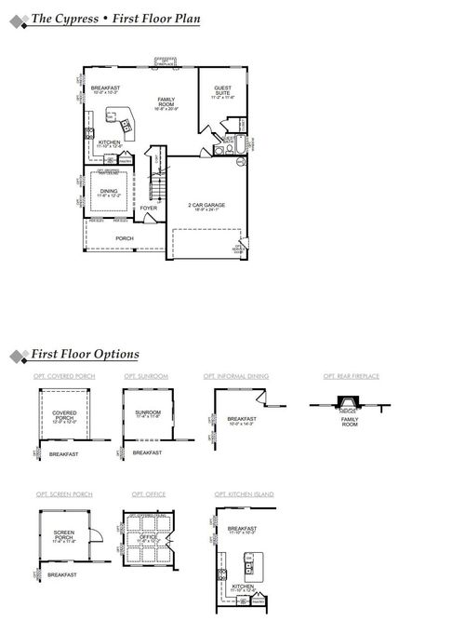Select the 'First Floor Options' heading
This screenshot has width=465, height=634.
coord(85,355)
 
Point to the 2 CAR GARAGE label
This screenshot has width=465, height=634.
coord(206,205)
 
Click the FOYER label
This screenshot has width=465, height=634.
coord(149,209)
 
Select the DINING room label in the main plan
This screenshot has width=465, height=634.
coord(109,191)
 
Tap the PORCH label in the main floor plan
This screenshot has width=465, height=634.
coord(124,238)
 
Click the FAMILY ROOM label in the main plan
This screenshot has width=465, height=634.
coord(166,101)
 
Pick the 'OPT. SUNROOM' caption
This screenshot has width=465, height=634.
coord(146,376)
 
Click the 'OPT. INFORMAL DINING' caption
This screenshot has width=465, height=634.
coord(236,376)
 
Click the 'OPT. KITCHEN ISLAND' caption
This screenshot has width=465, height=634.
coord(244,494)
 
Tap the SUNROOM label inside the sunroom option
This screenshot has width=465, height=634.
coord(147,411)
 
